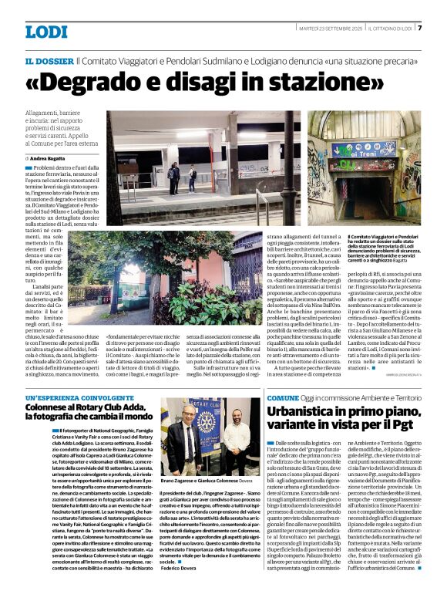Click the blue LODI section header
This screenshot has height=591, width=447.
(46, 32)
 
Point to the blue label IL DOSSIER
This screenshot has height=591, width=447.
(49, 59)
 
